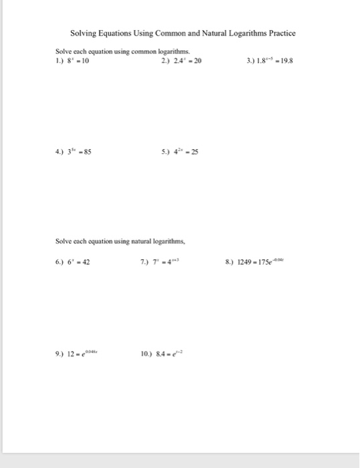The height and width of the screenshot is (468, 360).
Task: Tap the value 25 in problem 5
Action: tap(195, 151)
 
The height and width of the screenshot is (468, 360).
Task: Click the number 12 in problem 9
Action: tap(71, 354)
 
